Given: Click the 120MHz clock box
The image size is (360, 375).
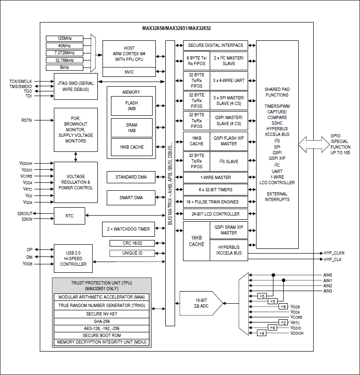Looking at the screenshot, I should point(64,38).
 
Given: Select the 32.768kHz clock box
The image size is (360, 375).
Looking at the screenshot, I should point(64,60).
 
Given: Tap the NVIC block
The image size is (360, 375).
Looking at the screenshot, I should point(129,72).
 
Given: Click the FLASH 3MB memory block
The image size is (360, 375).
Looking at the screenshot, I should point(132,105).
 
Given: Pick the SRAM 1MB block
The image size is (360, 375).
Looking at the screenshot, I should point(132,127).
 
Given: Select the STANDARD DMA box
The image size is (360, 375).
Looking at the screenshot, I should point(131,177).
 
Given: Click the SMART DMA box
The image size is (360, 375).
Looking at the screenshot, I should point(131,198).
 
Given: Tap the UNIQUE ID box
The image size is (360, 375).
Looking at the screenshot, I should point(132,253).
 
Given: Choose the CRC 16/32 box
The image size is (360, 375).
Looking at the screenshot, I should point(132,243).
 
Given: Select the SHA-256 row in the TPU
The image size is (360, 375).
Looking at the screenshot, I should point(102,322).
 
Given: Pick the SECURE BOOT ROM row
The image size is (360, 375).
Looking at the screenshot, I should point(102,336).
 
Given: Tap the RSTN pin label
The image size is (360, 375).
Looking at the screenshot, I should point(27,120).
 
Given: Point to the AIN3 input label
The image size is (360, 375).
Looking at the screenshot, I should point(328,291).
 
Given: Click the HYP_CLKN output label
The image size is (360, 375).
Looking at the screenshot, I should point(334,253).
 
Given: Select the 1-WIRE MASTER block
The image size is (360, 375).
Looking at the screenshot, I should point(216,178).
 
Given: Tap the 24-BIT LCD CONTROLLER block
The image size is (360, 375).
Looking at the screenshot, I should point(216,214).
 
